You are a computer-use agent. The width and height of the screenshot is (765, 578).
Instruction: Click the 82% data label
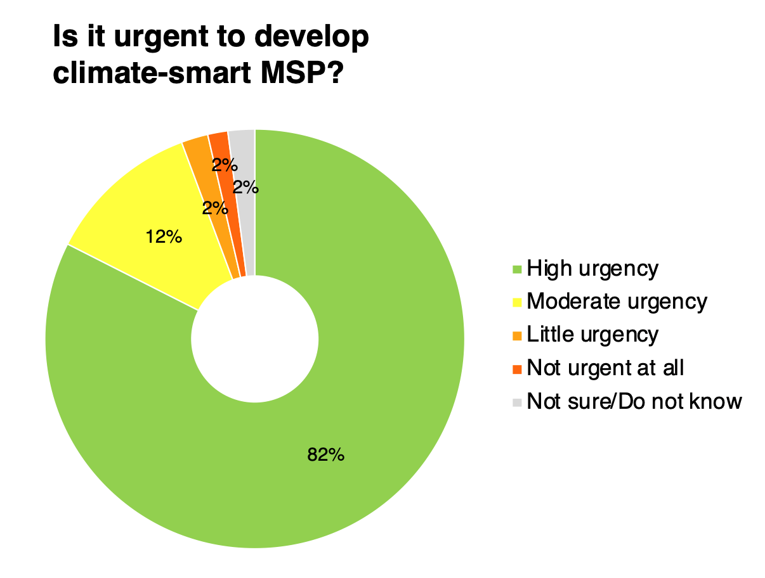(x=325, y=454)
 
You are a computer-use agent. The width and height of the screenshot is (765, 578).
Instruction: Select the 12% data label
(x=164, y=238)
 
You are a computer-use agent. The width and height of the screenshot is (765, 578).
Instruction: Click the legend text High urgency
(x=592, y=269)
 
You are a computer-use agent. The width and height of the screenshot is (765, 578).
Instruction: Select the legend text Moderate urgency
(x=617, y=302)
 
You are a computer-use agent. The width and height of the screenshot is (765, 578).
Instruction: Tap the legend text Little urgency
(x=592, y=335)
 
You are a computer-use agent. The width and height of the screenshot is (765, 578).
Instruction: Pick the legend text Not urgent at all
(x=605, y=368)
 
